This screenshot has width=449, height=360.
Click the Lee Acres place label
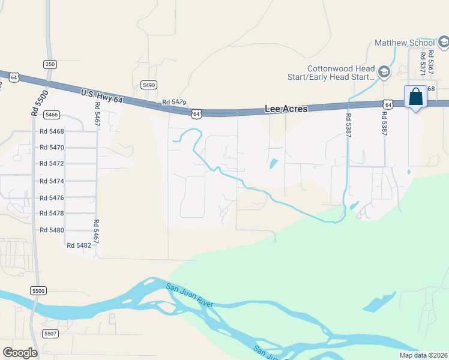point(286,109)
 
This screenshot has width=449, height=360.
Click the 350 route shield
point(50,64)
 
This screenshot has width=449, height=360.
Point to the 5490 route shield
point(149,85)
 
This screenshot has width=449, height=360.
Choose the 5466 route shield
point(52,115)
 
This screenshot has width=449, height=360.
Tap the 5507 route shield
point(50,333)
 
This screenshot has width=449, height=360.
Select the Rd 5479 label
point(175,104)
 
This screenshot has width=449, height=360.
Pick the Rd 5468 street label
point(52,131)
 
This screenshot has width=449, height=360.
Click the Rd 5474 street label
point(52,181)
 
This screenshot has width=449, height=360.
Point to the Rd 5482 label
point(79,245)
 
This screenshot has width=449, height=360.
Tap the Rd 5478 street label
point(52,213)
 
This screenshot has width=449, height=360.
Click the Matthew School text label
point(404,43)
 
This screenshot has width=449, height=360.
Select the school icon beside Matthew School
point(443,42)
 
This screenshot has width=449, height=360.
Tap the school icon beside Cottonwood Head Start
point(384,73)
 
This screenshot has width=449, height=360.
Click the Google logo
point(20,353)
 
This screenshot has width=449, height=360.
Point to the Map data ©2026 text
point(423,355)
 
